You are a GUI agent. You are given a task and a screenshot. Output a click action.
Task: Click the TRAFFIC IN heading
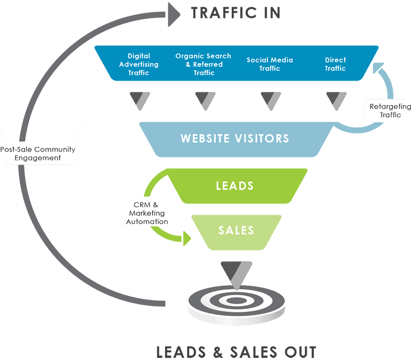(x=236, y=13)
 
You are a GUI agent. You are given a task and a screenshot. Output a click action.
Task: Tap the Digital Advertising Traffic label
(x=139, y=64)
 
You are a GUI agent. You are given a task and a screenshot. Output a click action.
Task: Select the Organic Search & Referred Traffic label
(x=203, y=64)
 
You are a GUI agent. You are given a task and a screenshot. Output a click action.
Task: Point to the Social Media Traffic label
(x=270, y=64)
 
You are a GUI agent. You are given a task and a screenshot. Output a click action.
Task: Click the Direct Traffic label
(x=335, y=64)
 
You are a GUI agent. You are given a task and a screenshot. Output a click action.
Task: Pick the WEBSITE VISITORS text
(x=235, y=139)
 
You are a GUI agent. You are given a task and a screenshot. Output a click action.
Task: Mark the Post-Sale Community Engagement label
(x=38, y=153)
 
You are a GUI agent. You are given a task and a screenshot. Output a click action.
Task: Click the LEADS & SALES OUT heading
(x=236, y=352)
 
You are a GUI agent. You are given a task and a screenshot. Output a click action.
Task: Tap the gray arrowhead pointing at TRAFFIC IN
(x=174, y=13)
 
